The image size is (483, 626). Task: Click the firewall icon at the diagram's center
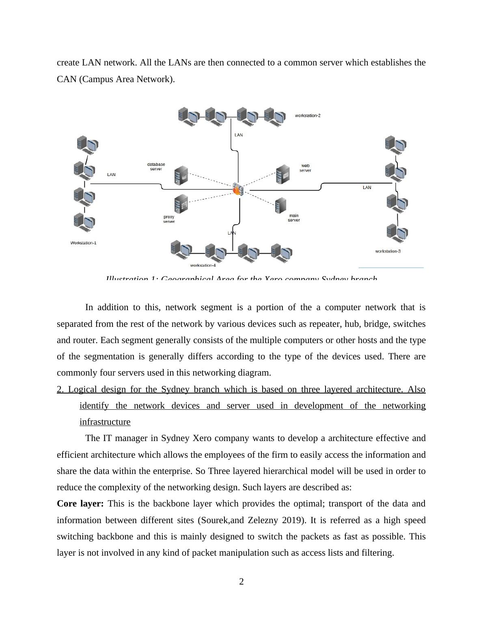(238, 189)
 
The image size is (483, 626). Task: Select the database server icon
(181, 176)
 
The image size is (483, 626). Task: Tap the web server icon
(282, 174)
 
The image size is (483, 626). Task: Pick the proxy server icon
(181, 204)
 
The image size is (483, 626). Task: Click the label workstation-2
(308, 116)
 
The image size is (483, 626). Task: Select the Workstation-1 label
(83, 243)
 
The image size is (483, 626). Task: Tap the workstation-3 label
(388, 251)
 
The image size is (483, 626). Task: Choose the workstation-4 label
(203, 265)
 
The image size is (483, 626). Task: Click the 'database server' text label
(156, 167)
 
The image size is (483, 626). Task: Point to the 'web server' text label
(305, 168)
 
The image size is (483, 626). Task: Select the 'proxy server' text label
(169, 219)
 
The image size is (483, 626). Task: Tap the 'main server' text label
(293, 218)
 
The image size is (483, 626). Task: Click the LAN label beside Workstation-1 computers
(111, 175)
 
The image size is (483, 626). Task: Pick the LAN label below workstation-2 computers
(239, 135)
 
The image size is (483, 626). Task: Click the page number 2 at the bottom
(241, 582)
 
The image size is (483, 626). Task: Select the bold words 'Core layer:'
(80, 504)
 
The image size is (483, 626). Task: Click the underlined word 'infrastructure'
(105, 422)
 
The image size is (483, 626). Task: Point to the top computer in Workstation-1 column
(87, 144)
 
